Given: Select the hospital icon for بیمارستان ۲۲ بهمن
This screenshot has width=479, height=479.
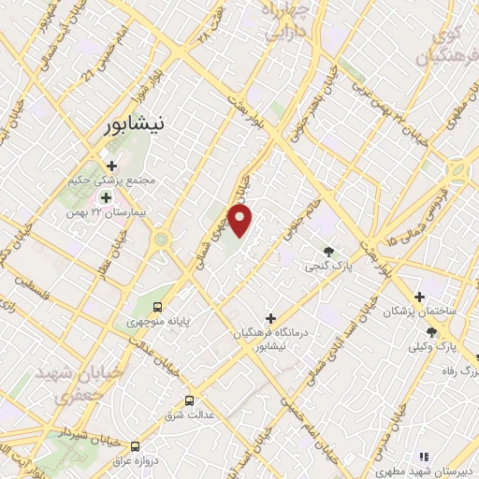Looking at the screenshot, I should click(106, 197).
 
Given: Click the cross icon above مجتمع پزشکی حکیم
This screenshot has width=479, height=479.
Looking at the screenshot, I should click(112, 166).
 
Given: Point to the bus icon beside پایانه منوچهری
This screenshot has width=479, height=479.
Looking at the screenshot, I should click(157, 307).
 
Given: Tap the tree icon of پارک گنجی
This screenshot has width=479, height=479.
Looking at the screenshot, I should click(328, 251).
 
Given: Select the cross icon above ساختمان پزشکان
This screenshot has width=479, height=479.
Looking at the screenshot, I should click(429, 297).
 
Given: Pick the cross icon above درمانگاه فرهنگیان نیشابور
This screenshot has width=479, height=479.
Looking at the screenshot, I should click(270, 319).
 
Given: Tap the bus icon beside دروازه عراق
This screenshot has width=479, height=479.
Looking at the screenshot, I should click(137, 445).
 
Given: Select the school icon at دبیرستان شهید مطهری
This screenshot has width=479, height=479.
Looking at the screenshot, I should click(423, 456).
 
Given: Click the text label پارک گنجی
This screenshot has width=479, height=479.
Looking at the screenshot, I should click(327, 267).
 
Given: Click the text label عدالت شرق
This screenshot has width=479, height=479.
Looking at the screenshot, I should click(188, 414).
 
